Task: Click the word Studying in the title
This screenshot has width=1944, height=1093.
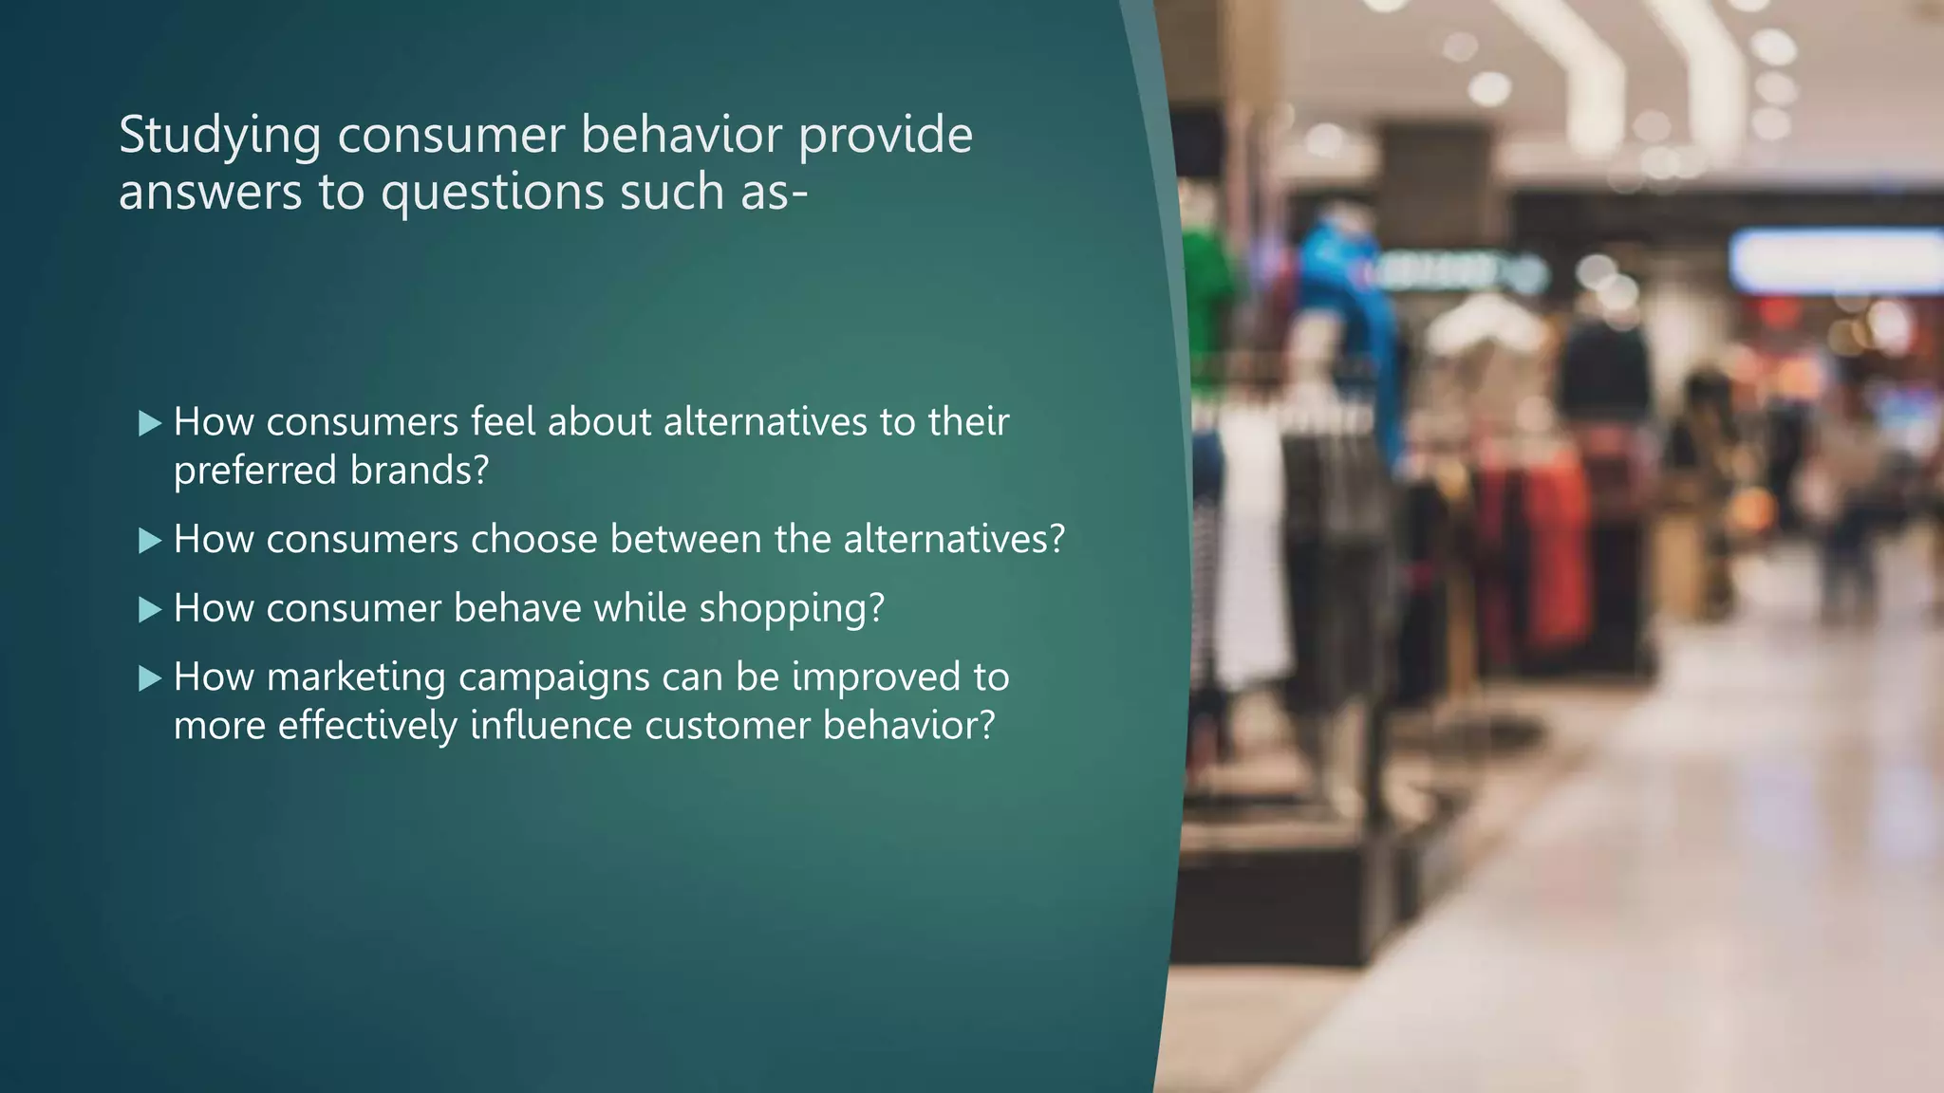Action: [x=219, y=136]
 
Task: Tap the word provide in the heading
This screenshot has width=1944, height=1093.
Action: [x=885, y=136]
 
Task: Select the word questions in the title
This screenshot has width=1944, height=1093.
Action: [x=493, y=193]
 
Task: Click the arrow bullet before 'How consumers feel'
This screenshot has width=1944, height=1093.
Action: [x=150, y=423]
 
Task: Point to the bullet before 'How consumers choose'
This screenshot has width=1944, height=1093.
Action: [x=150, y=541]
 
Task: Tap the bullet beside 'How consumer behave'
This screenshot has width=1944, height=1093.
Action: [x=150, y=609]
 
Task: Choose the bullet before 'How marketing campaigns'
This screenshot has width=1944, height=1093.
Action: [x=150, y=678]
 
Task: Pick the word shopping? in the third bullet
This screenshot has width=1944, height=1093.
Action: [x=792, y=609]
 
